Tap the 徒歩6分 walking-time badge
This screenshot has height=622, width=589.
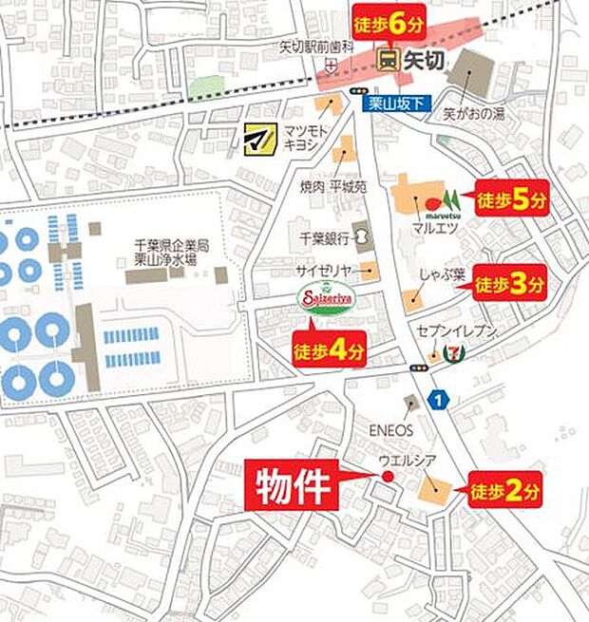[387, 26]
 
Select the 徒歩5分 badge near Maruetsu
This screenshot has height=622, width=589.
[512, 201]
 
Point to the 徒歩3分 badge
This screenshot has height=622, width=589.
[511, 283]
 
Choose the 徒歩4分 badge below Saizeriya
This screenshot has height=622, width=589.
[328, 350]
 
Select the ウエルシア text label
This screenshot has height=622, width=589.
[406, 462]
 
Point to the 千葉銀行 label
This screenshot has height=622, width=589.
[327, 237]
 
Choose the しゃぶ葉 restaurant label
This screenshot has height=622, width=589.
[442, 276]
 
